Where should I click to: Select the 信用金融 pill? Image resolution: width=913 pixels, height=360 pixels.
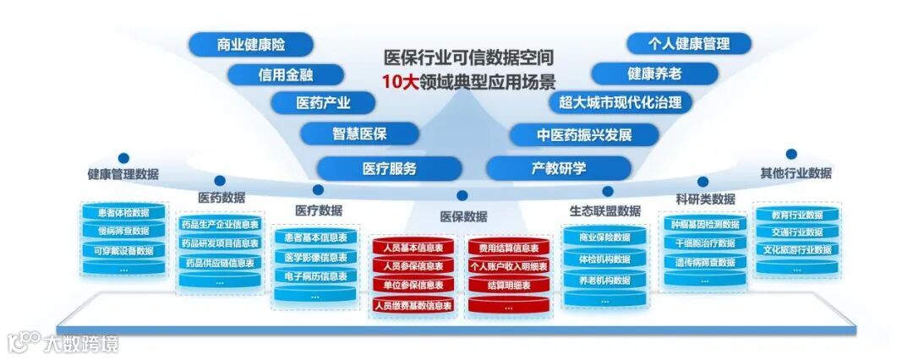(x=285, y=74)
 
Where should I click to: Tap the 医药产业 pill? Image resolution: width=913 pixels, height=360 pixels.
(x=322, y=103)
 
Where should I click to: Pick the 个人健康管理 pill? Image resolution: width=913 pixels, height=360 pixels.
(x=688, y=43)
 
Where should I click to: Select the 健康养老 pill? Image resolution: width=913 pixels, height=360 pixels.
(x=654, y=73)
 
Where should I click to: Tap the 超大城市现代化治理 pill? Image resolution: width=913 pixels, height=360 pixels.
(x=620, y=102)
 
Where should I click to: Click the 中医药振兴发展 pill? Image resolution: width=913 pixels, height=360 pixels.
(x=583, y=134)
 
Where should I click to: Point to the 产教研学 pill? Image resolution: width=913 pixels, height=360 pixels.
(x=558, y=168)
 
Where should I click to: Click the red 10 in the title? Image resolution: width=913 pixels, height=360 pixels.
(x=395, y=82)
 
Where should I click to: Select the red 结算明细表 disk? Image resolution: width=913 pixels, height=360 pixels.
(x=508, y=286)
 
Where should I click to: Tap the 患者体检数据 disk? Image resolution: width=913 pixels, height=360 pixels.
(x=123, y=212)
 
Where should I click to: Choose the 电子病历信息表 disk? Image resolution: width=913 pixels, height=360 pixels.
(x=314, y=276)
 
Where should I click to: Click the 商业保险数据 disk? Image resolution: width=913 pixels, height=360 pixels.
(x=604, y=237)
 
